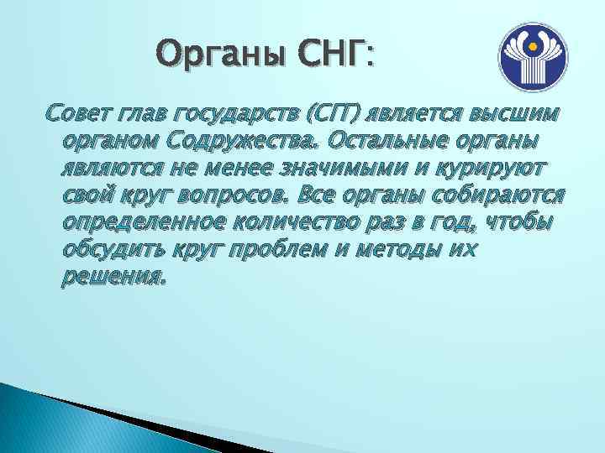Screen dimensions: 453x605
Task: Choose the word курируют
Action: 478,168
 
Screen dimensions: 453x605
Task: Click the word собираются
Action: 503,195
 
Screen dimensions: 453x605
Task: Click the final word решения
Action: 113,276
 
